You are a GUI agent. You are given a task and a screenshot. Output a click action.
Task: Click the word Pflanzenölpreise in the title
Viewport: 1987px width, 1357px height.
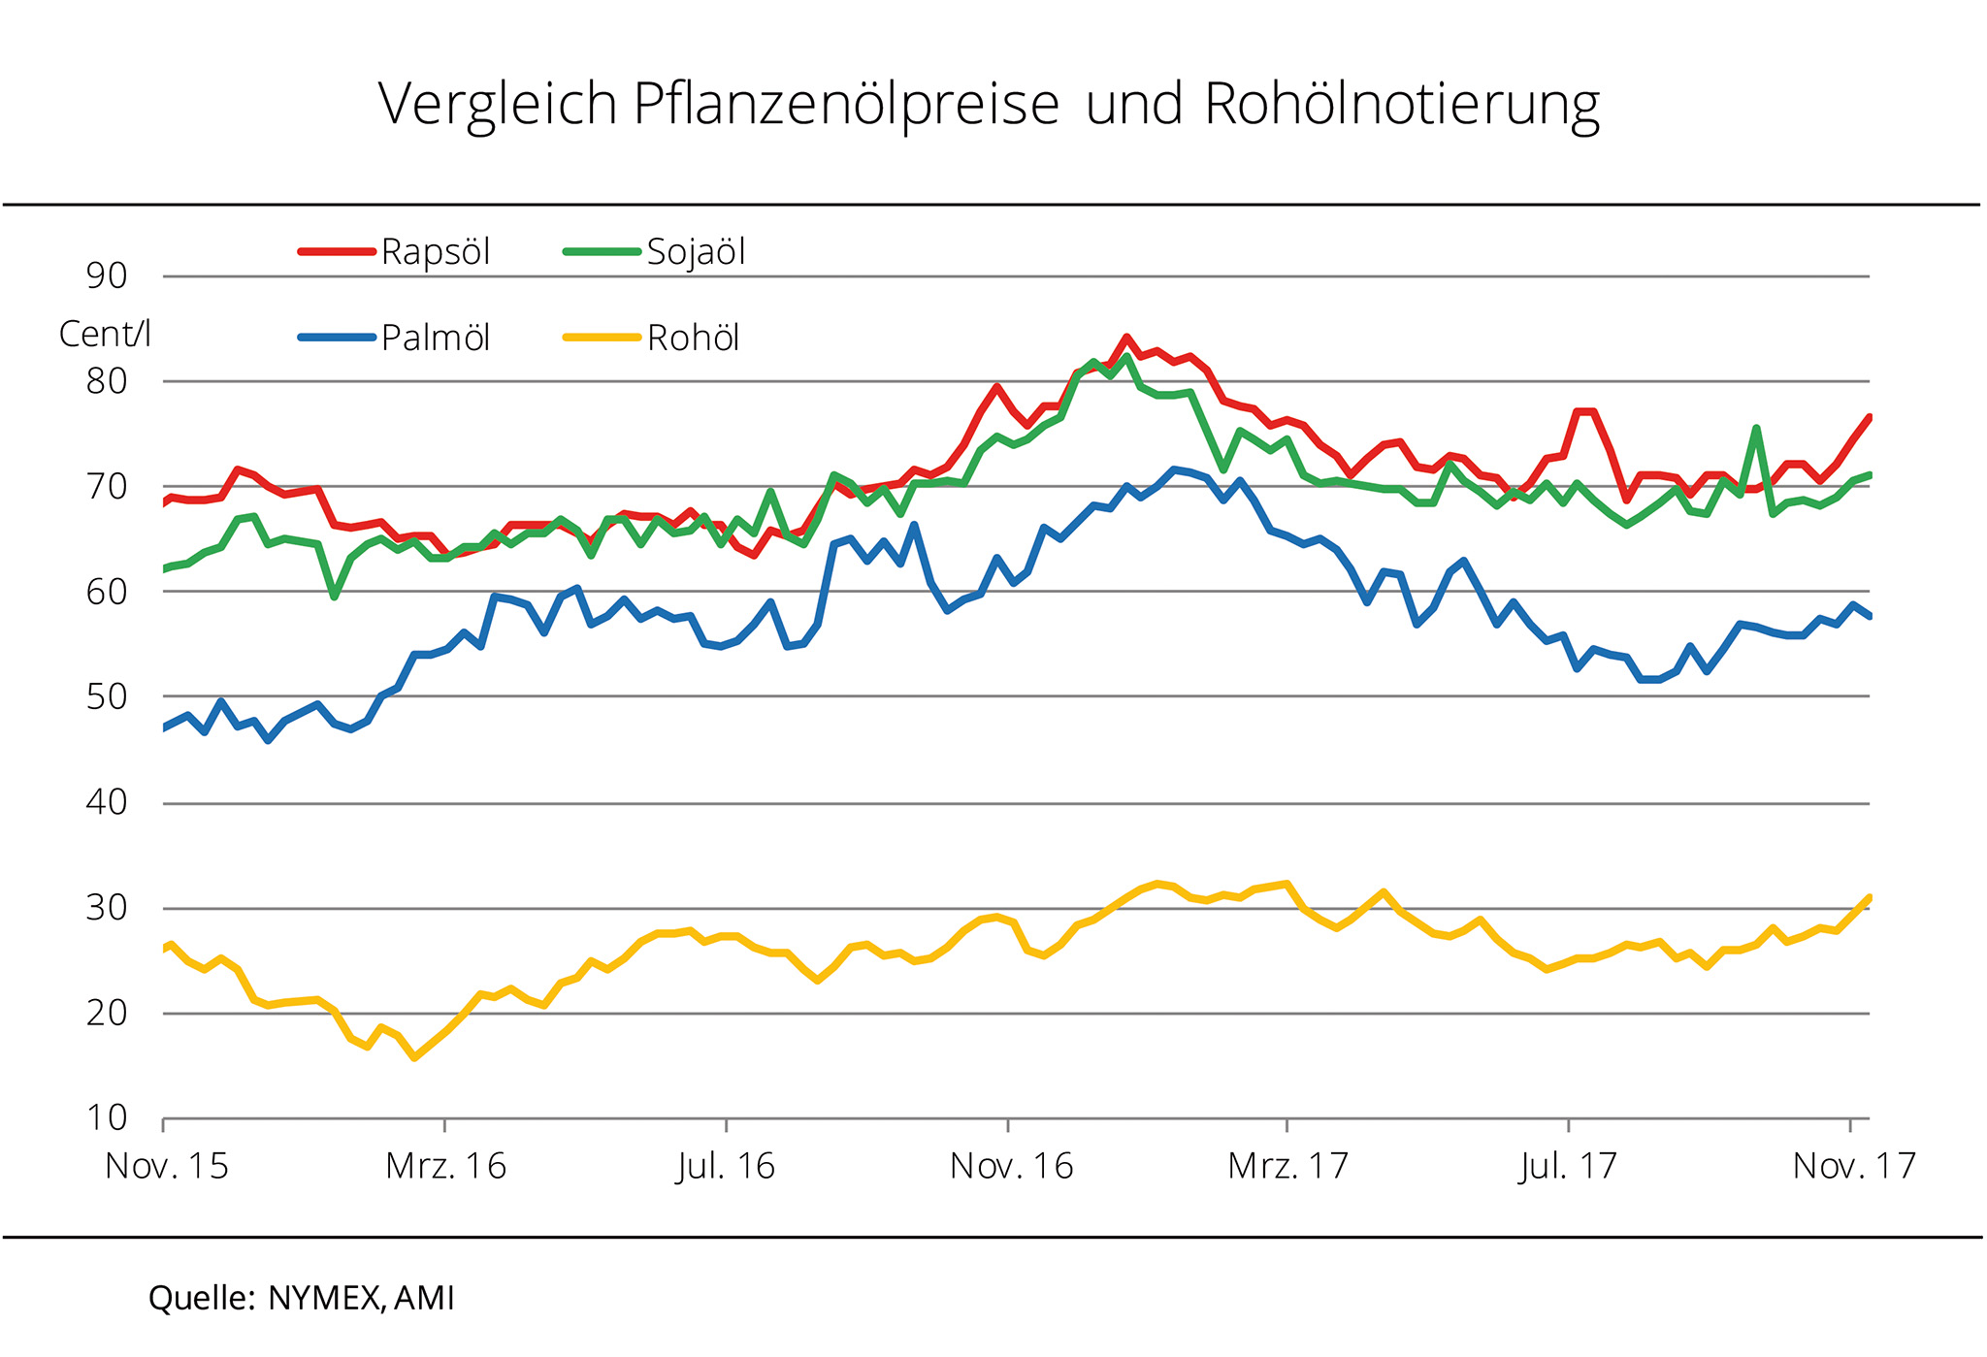pos(845,105)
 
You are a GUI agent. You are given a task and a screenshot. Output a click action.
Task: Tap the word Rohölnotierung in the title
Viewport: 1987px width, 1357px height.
pos(1401,105)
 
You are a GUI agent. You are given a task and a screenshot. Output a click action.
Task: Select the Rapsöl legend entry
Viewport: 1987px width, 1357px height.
pos(435,252)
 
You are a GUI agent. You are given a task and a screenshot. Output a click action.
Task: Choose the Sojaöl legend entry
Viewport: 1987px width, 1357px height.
pos(696,252)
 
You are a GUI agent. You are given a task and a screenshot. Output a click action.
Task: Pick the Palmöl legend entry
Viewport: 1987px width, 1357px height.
pos(435,338)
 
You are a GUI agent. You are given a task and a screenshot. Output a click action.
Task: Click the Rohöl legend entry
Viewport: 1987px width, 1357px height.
pos(693,338)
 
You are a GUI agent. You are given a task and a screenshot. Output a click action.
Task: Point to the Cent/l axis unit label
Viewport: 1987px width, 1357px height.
pos(105,334)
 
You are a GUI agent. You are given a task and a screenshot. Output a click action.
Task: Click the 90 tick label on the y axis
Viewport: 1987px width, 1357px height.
pos(107,276)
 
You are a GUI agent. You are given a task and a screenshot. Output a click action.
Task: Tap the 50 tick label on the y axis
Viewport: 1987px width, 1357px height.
pos(107,696)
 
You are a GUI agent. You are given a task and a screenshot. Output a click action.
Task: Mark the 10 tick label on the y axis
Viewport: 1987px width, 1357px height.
pos(107,1118)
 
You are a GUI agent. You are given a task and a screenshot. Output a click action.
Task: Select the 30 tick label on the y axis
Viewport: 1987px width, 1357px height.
pos(107,908)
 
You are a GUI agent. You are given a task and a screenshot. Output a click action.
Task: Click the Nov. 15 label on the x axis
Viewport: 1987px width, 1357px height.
pos(167,1166)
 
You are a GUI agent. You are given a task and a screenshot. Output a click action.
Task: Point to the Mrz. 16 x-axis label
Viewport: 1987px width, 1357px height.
pos(445,1166)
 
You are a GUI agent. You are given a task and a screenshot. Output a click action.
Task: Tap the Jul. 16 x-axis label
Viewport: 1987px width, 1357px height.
pos(726,1166)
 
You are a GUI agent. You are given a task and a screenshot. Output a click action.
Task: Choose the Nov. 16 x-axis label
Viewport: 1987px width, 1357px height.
pos(1011,1166)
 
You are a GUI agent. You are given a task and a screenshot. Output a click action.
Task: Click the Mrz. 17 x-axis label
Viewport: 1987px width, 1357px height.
pos(1287,1166)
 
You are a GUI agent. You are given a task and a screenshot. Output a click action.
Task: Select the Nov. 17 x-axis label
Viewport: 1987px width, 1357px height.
pos(1854,1166)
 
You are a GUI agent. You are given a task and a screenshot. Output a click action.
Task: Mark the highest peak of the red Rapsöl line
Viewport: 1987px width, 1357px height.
pos(1126,338)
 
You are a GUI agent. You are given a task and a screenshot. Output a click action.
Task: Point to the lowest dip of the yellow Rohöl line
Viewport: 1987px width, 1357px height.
pos(414,1057)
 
